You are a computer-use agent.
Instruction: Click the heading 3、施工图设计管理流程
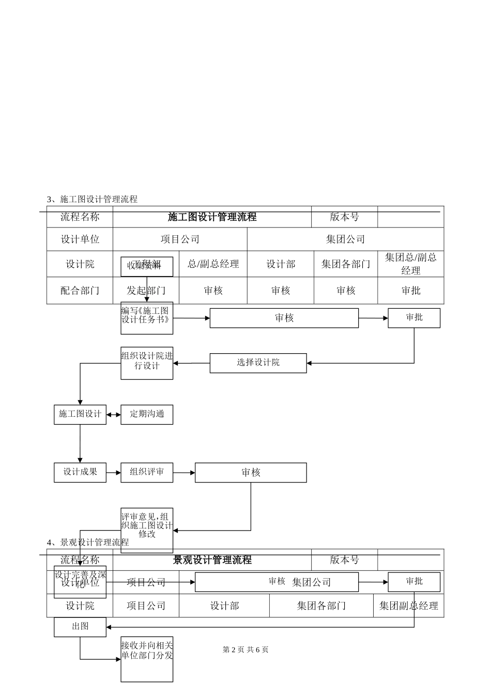[92, 199]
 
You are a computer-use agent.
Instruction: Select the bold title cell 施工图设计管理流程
[212, 217]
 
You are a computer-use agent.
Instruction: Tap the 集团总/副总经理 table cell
[410, 264]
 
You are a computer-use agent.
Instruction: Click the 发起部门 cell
[146, 291]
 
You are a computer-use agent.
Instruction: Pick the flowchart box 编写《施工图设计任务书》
[147, 318]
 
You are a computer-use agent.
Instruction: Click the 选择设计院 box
[258, 363]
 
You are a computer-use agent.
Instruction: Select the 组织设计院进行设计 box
[147, 363]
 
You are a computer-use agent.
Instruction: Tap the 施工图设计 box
[80, 415]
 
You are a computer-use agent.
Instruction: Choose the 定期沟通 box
[147, 415]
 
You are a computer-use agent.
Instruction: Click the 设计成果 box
[80, 473]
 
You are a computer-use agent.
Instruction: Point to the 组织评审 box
[147, 473]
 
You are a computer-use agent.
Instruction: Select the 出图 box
[80, 627]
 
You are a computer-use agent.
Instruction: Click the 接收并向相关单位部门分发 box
[147, 659]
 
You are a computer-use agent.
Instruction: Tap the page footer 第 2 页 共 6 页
[245, 650]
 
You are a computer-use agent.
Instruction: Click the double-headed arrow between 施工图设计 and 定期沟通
[114, 415]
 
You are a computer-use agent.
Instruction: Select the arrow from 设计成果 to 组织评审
[114, 473]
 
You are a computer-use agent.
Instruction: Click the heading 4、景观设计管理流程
[88, 542]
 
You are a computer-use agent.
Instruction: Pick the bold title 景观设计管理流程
[212, 560]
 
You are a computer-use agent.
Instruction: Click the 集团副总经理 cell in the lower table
[408, 606]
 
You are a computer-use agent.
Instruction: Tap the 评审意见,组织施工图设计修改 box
[147, 530]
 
